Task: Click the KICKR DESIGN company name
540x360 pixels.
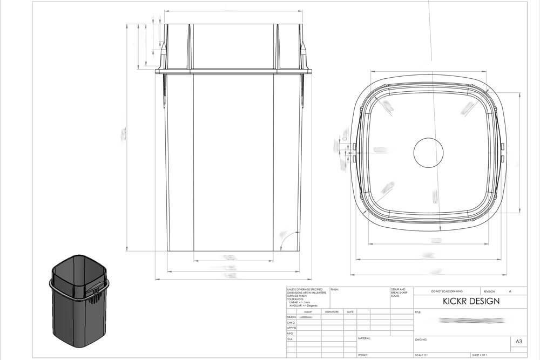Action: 464,301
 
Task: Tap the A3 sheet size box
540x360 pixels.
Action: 518,342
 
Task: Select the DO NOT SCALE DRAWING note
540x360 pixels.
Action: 447,291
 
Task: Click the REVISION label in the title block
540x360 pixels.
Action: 489,291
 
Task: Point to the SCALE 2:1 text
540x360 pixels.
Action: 422,356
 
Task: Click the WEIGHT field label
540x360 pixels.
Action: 363,356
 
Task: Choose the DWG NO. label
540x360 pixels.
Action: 421,340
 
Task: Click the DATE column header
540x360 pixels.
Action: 350,312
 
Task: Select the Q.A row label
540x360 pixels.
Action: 290,339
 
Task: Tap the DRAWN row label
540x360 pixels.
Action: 292,317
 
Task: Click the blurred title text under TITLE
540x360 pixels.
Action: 471,321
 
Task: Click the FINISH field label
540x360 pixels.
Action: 335,289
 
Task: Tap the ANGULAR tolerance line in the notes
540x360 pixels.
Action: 302,305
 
